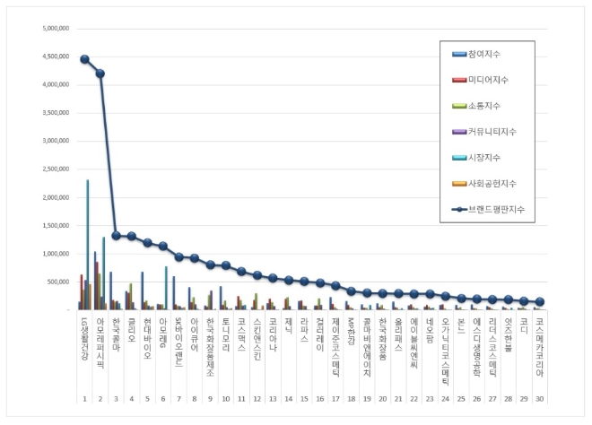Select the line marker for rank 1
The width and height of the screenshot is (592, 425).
click(x=84, y=59)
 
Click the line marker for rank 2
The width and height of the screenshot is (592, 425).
click(x=100, y=74)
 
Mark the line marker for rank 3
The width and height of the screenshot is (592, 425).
click(x=116, y=236)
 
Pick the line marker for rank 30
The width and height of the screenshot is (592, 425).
click(x=539, y=302)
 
